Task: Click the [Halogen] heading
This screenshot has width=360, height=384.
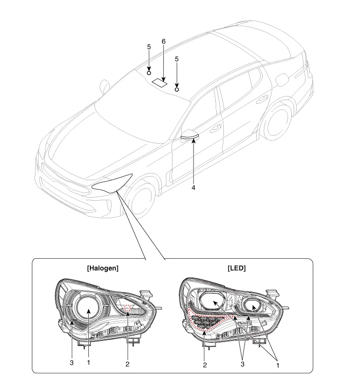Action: pos(103,268)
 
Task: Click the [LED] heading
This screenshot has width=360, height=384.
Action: pos(236,268)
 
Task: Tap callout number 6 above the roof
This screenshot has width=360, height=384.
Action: pos(163,41)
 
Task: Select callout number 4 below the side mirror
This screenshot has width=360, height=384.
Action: pos(193,188)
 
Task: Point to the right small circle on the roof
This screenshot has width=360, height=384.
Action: pos(177,88)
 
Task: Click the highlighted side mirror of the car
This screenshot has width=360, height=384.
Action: pos(190,136)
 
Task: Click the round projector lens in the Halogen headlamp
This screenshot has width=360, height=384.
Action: pos(88,311)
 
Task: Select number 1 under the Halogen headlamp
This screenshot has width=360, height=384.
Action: pos(88,362)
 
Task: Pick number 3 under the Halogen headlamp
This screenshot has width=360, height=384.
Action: pos(71,362)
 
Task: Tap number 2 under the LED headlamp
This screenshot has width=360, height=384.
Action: pos(205,364)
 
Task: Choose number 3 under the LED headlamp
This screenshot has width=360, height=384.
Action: pos(241,362)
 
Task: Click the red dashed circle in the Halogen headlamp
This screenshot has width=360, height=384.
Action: pos(127,308)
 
